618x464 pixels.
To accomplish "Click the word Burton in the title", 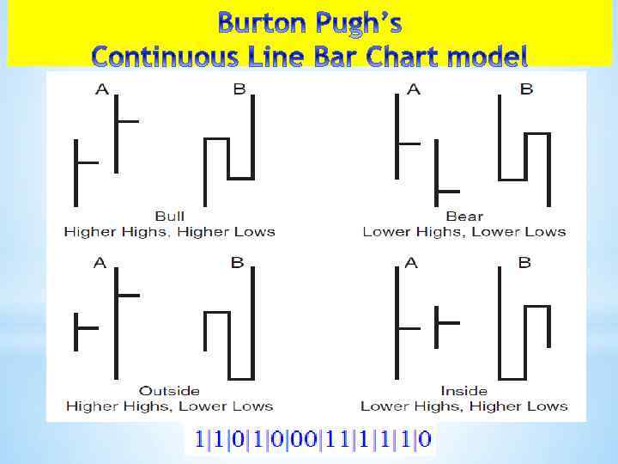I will click(259, 21).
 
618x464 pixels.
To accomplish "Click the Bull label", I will click(169, 217).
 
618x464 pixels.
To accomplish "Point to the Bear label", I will click(464, 217).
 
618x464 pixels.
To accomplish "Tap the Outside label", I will click(169, 391).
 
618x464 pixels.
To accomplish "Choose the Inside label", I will click(464, 391).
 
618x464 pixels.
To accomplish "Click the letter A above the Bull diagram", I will click(102, 89).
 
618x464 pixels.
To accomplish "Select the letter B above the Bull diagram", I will click(239, 89).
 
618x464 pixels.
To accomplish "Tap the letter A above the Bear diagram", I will click(414, 89).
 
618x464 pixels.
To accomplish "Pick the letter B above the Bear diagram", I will click(526, 89).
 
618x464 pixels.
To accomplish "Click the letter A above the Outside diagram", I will click(100, 264).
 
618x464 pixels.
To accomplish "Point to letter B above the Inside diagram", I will click(524, 264).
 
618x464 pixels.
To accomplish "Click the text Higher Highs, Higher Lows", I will click(169, 231).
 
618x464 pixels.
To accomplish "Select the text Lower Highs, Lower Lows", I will click(464, 231).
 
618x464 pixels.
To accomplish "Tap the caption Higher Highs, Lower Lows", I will click(169, 406).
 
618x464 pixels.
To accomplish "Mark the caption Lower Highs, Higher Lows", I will click(464, 406).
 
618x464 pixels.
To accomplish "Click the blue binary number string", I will click(313, 442).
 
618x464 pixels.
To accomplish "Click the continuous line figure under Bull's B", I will click(230, 150).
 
